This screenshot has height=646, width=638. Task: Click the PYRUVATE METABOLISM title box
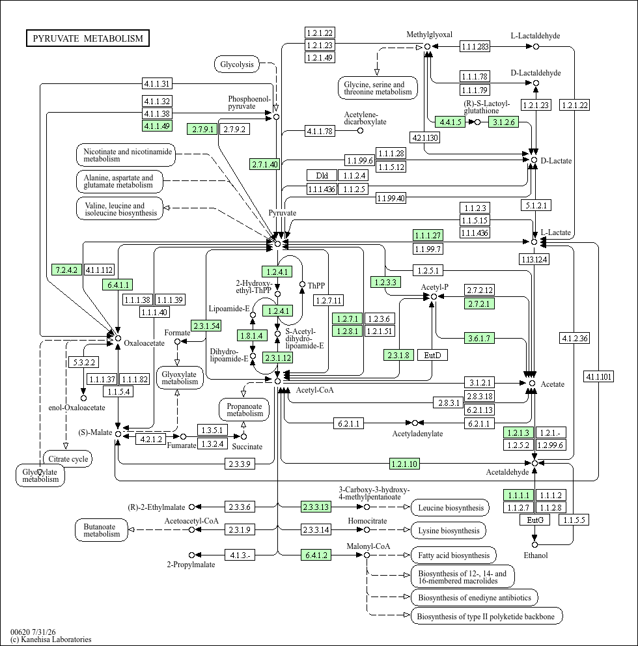(x=88, y=38)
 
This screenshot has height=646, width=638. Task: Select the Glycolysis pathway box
(x=237, y=64)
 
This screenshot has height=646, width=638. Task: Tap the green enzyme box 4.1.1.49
(x=157, y=126)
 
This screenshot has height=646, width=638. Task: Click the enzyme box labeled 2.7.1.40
(x=265, y=164)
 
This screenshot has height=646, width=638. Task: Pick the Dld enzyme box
(x=322, y=176)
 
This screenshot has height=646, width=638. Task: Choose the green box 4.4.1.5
(x=451, y=122)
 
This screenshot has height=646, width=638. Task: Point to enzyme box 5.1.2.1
(x=536, y=205)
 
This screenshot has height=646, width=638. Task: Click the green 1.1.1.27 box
(x=428, y=235)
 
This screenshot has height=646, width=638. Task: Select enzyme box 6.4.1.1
(x=118, y=285)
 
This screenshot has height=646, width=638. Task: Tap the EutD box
(x=432, y=355)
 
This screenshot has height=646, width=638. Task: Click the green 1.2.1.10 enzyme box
(x=404, y=464)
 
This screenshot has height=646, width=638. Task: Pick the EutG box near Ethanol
(x=535, y=520)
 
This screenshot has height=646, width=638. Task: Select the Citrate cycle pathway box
(x=68, y=459)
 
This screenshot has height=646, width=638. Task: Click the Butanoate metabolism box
(x=102, y=530)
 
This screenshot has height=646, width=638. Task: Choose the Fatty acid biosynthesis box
(x=454, y=555)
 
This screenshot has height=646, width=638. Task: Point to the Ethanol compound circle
(x=535, y=544)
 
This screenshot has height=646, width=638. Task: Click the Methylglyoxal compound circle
(x=428, y=46)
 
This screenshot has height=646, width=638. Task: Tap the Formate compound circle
(x=178, y=341)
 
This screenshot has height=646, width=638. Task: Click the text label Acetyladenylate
(x=417, y=434)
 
